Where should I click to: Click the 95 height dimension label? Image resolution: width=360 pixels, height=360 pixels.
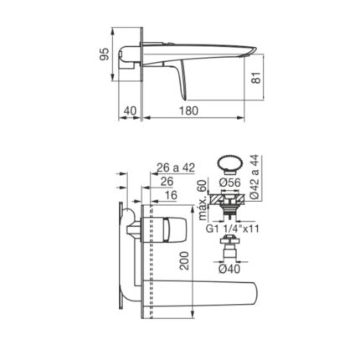pyautogui.click(x=105, y=54)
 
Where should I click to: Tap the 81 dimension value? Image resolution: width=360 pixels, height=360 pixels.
pyautogui.click(x=256, y=78)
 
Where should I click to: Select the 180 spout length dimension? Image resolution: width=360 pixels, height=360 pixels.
pyautogui.click(x=189, y=111)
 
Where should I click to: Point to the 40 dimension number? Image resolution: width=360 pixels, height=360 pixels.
pyautogui.click(x=130, y=111)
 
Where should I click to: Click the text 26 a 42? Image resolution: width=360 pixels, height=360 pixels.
pyautogui.click(x=176, y=167)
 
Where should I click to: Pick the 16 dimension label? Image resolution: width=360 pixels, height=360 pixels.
pyautogui.click(x=171, y=195)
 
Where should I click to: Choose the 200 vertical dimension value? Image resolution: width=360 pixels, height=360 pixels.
pyautogui.click(x=184, y=260)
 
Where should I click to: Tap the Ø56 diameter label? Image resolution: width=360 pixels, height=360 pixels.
pyautogui.click(x=229, y=183)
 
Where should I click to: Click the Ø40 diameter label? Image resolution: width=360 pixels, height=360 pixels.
pyautogui.click(x=229, y=269)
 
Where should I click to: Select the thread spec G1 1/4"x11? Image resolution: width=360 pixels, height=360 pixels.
pyautogui.click(x=233, y=229)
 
